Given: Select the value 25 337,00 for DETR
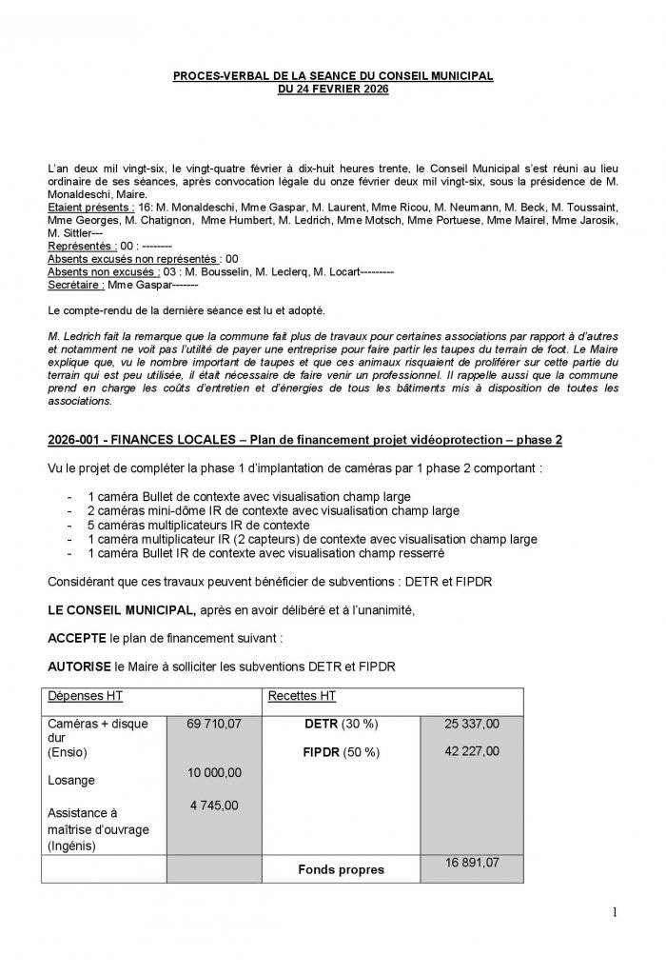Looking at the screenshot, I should [x=472, y=725].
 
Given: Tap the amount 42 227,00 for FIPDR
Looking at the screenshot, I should [x=472, y=751].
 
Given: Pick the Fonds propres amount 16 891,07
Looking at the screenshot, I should [x=472, y=862].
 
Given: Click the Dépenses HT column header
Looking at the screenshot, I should [x=85, y=696].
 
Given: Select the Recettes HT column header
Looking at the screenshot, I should [x=302, y=696].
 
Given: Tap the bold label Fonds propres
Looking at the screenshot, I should [x=342, y=869].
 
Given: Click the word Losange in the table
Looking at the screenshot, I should [x=70, y=780].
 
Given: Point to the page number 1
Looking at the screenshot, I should [x=615, y=914].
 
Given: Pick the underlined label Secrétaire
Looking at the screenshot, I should [x=75, y=284].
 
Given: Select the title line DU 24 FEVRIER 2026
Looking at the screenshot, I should [x=332, y=89].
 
